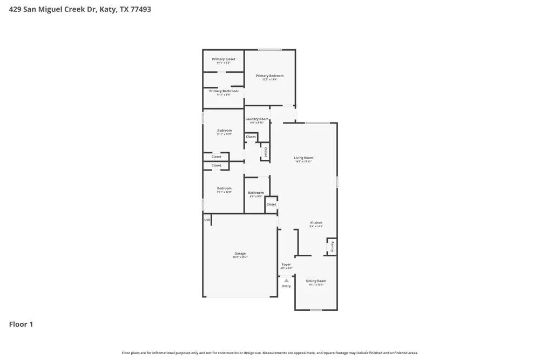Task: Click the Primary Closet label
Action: (x=223, y=59)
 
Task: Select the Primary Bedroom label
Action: (x=269, y=76)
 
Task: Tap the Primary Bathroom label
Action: (x=224, y=91)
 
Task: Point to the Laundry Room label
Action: (x=256, y=119)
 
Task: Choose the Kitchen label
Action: (x=316, y=222)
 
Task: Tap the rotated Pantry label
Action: (x=333, y=247)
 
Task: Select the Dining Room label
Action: (x=316, y=281)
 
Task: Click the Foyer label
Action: (x=286, y=264)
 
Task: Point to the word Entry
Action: (x=286, y=286)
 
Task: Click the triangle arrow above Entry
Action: (x=286, y=280)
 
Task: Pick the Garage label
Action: (x=240, y=253)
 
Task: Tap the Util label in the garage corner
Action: (x=207, y=220)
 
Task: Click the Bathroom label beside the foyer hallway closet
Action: (x=256, y=193)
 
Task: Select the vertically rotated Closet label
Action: (x=265, y=152)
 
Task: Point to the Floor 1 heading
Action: (x=21, y=324)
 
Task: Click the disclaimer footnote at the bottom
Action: (x=269, y=353)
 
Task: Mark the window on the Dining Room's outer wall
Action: (x=316, y=310)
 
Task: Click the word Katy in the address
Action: (x=106, y=9)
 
